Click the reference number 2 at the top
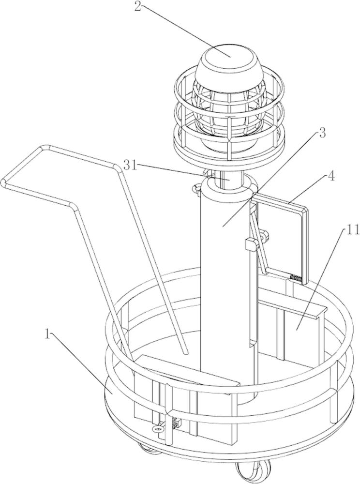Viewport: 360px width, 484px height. [138, 6]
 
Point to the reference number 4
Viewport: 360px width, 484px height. [330, 178]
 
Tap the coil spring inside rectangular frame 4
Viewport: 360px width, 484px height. [296, 277]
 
